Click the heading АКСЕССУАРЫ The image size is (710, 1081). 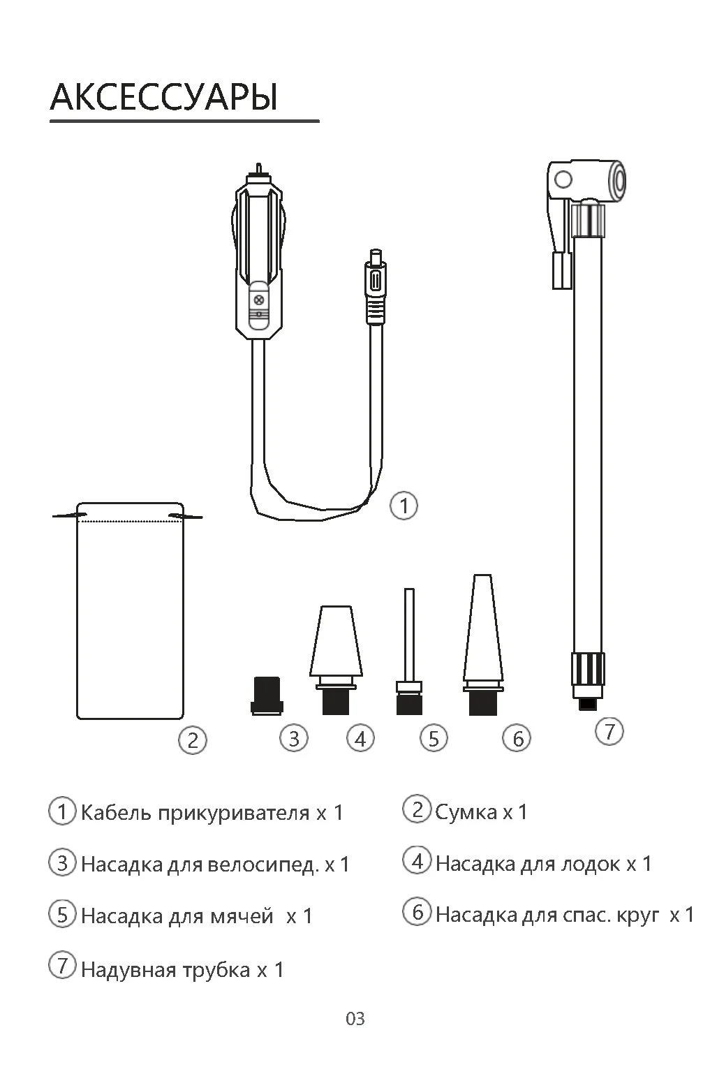164,98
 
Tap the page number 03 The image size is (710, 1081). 355,1019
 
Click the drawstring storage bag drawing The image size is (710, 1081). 130,610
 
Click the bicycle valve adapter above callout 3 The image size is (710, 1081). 267,696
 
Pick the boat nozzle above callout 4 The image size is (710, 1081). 336,660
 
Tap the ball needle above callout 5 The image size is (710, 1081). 409,652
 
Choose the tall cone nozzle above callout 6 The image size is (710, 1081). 483,645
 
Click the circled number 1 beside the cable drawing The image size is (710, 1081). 404,506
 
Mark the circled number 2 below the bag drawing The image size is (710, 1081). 193,740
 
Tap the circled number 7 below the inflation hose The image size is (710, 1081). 609,731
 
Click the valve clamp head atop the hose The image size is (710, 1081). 585,198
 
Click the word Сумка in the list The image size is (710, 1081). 466,812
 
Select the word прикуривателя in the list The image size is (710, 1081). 234,814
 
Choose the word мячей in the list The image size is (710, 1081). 242,916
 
